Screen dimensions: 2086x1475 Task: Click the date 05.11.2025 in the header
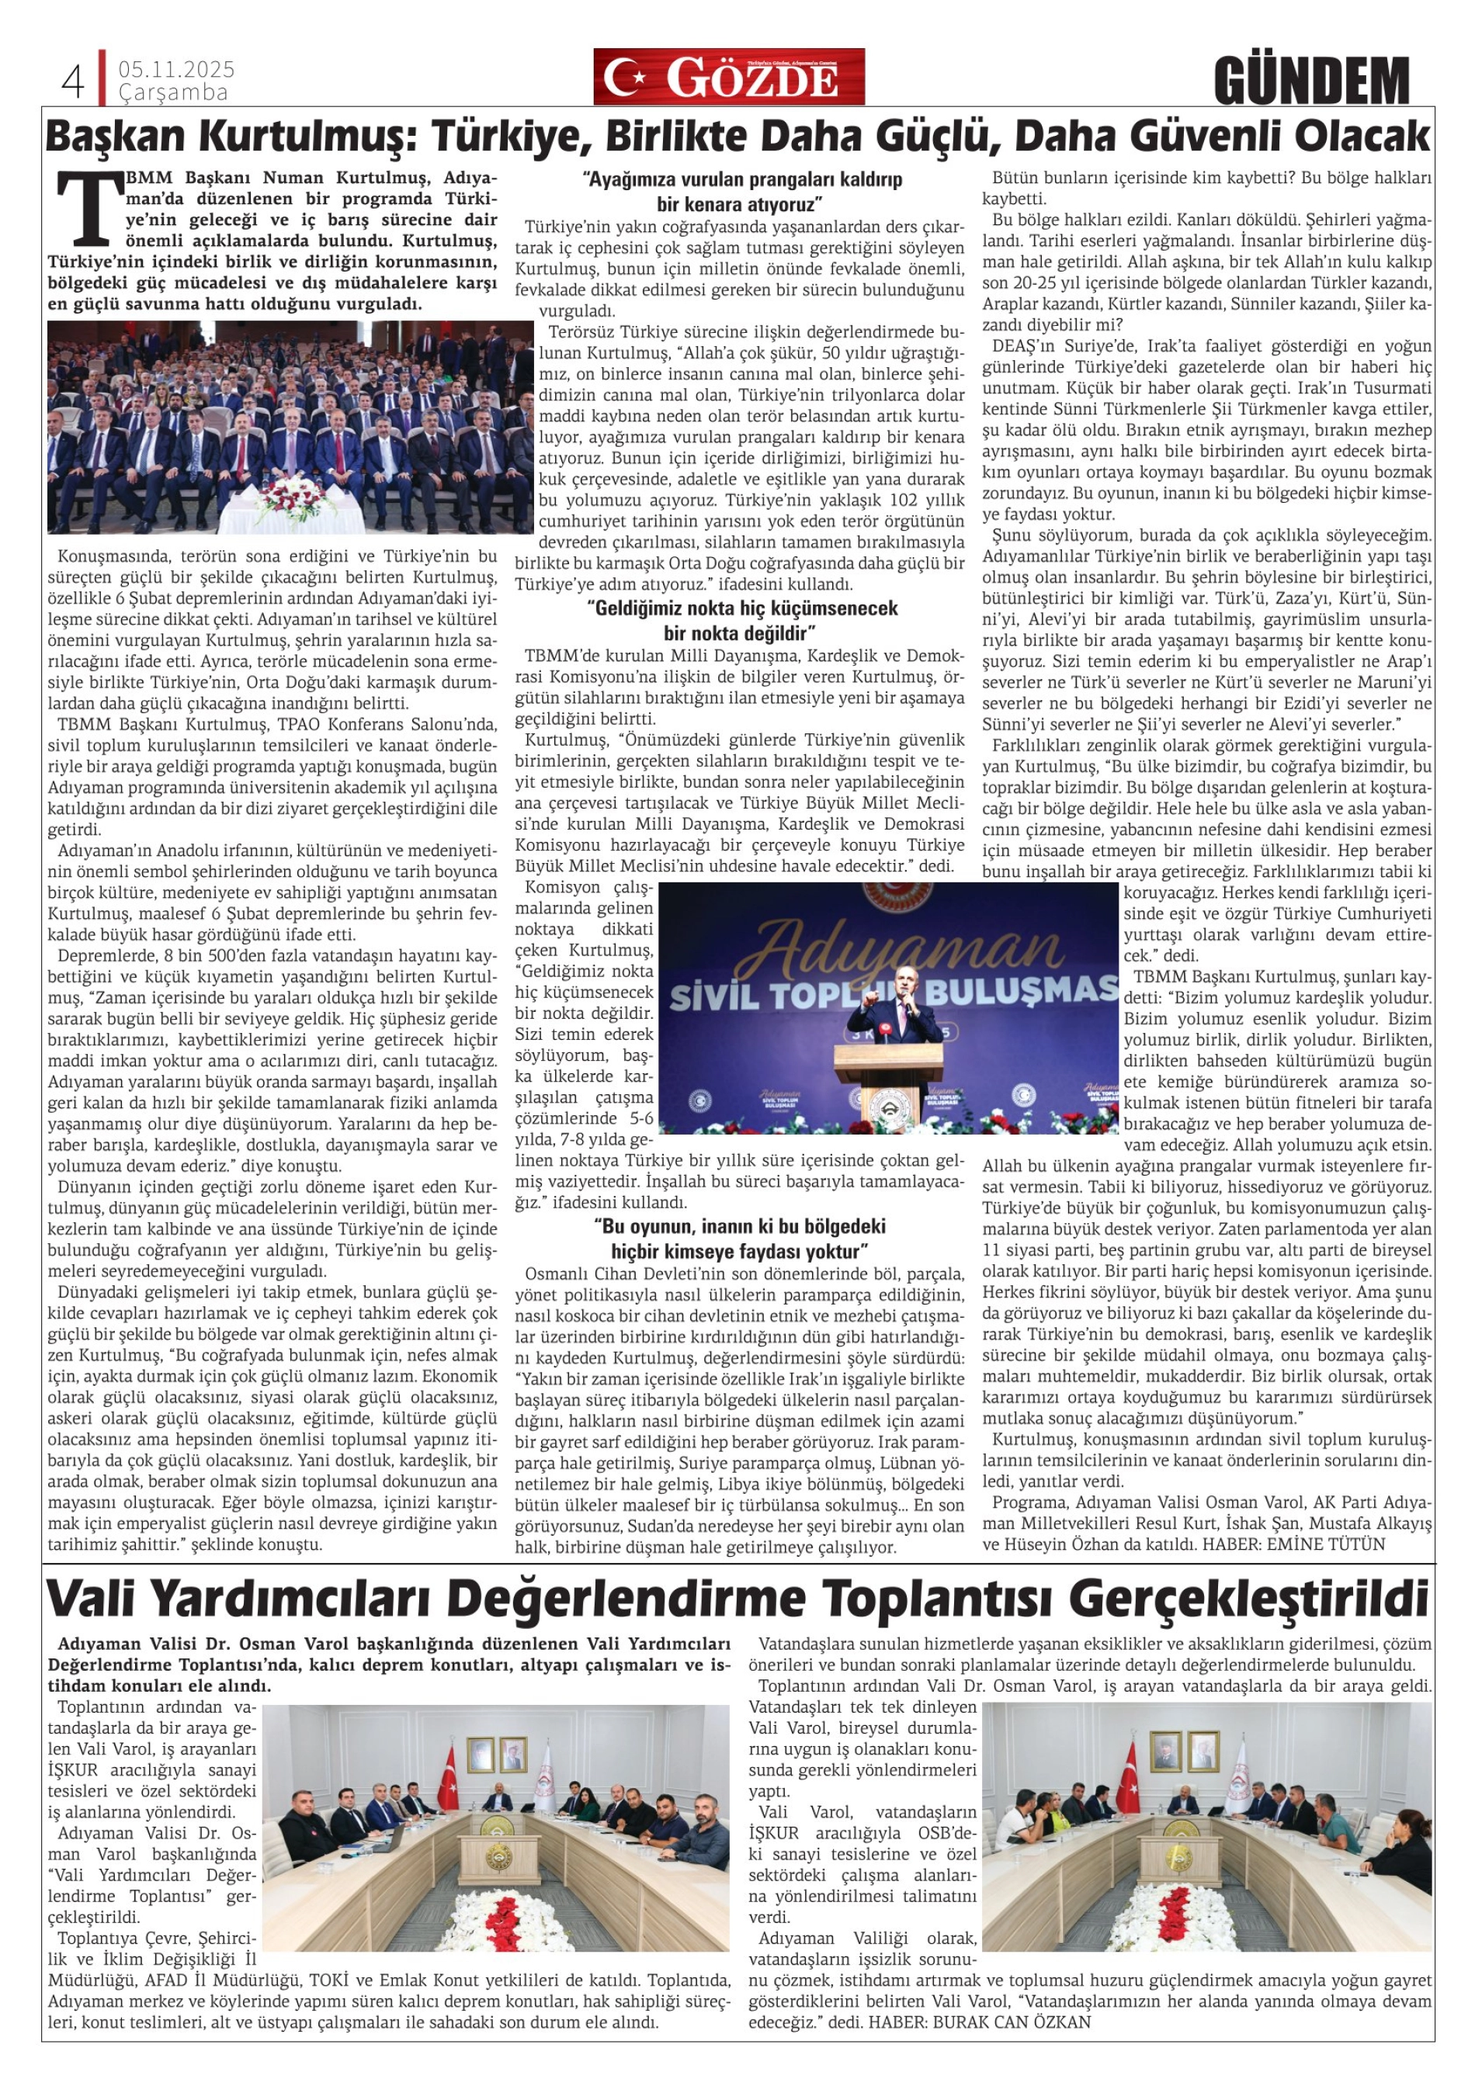[176, 69]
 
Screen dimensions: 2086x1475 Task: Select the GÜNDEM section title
[1311, 80]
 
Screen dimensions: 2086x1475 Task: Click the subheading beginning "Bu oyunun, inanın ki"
[740, 1236]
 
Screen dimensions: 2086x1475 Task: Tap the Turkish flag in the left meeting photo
[449, 1769]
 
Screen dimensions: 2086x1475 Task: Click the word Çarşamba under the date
[172, 92]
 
